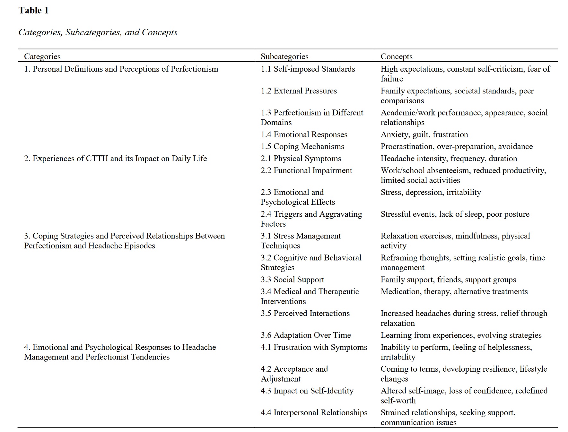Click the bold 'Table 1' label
tap(33, 11)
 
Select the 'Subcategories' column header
tap(284, 56)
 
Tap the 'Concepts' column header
tap(396, 56)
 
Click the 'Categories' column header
tap(42, 56)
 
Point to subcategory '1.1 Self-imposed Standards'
tap(308, 69)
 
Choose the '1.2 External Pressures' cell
tap(299, 91)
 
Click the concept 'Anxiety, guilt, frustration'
tap(424, 134)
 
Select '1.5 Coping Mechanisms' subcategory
tap(302, 146)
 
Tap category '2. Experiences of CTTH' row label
tap(115, 159)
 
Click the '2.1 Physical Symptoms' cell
tap(301, 159)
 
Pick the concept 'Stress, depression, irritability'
tap(431, 192)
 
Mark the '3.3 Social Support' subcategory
tap(292, 280)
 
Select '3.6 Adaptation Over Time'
tap(306, 335)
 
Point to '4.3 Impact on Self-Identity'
tap(307, 391)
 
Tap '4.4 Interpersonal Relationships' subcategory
tap(314, 412)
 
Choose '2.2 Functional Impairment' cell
tap(306, 170)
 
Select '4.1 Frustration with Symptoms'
tap(314, 347)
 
